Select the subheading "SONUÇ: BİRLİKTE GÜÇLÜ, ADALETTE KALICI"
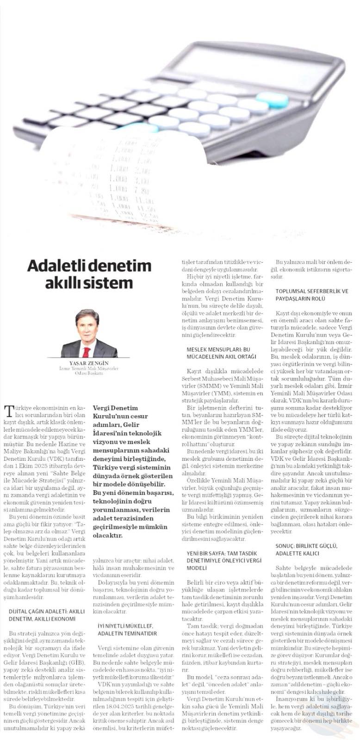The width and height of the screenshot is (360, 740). [x=305, y=549]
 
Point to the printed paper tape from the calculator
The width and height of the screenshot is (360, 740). [x=120, y=176]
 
